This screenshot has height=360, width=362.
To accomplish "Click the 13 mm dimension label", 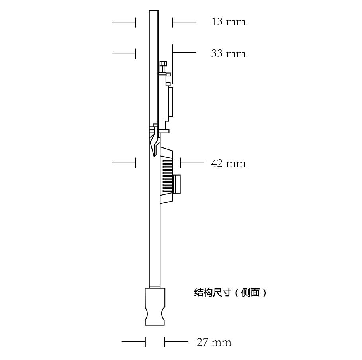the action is point(229,22).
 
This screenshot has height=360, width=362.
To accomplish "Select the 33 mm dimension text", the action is point(229,54).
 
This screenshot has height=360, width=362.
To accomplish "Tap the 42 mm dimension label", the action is point(229,164).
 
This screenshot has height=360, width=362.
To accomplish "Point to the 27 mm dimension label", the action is point(214,342).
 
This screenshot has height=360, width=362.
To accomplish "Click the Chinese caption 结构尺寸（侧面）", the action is point(231,293).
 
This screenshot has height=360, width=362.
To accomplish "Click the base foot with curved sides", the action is point(155,306).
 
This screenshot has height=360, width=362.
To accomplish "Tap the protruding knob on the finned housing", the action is point(176,184).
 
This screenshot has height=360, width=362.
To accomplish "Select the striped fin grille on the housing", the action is point(167,177).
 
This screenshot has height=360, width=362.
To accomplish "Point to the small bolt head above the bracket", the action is point(163,63).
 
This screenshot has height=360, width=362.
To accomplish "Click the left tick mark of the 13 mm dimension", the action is point(135,22).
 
